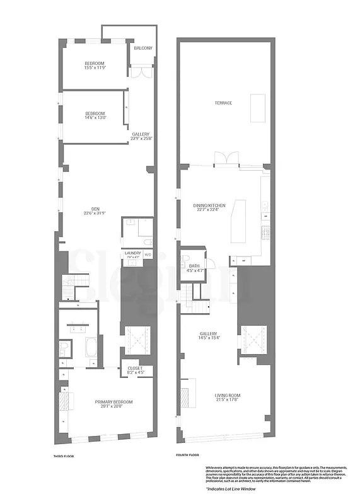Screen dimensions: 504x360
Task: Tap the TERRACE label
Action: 223,103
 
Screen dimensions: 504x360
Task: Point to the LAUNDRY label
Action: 132,253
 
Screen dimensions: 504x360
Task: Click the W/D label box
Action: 148,255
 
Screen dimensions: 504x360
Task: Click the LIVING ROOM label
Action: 228,396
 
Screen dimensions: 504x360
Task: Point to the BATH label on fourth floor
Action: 194,266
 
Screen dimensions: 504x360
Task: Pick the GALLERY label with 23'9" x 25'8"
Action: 141,134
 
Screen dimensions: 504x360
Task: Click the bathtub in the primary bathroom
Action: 91,348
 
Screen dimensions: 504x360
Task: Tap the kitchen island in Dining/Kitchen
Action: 239,221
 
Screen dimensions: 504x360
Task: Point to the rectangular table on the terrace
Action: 258,108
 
